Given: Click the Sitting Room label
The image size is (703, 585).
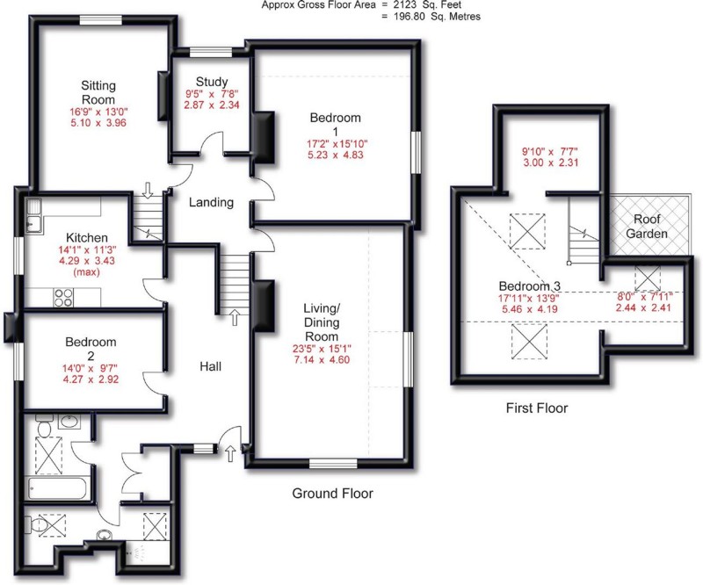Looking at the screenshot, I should (x=98, y=93).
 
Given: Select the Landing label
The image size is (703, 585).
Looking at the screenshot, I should (x=212, y=203).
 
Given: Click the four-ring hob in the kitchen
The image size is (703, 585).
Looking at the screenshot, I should (x=63, y=297).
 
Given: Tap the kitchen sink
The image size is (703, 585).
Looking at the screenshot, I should (x=33, y=216).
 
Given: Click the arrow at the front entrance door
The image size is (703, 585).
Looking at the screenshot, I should (x=230, y=453).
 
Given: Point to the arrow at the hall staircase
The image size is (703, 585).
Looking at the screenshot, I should (x=235, y=316).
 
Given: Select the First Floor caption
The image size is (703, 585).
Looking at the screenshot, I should (x=536, y=408).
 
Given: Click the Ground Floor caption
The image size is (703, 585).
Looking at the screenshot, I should (x=332, y=495).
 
